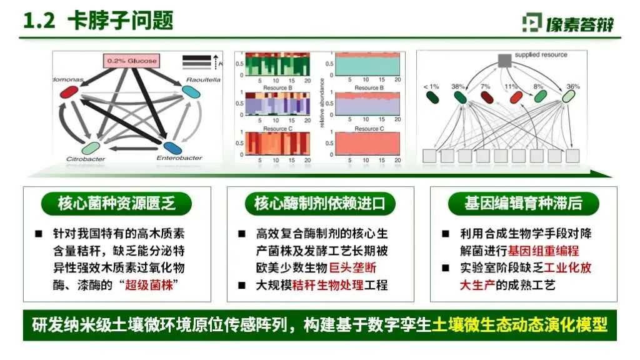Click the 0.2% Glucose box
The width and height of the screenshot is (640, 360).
click(x=132, y=61)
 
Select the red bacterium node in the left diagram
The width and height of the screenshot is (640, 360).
click(x=69, y=92)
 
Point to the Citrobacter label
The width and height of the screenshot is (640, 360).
click(x=86, y=159)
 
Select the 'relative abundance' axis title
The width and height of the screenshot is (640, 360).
click(x=321, y=103)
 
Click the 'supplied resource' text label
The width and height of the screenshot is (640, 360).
click(x=541, y=55)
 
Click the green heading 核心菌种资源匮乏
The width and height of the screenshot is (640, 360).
click(x=117, y=204)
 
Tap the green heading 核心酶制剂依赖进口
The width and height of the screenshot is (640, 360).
click(x=319, y=204)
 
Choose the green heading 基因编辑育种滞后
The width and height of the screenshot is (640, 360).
click(x=523, y=204)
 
